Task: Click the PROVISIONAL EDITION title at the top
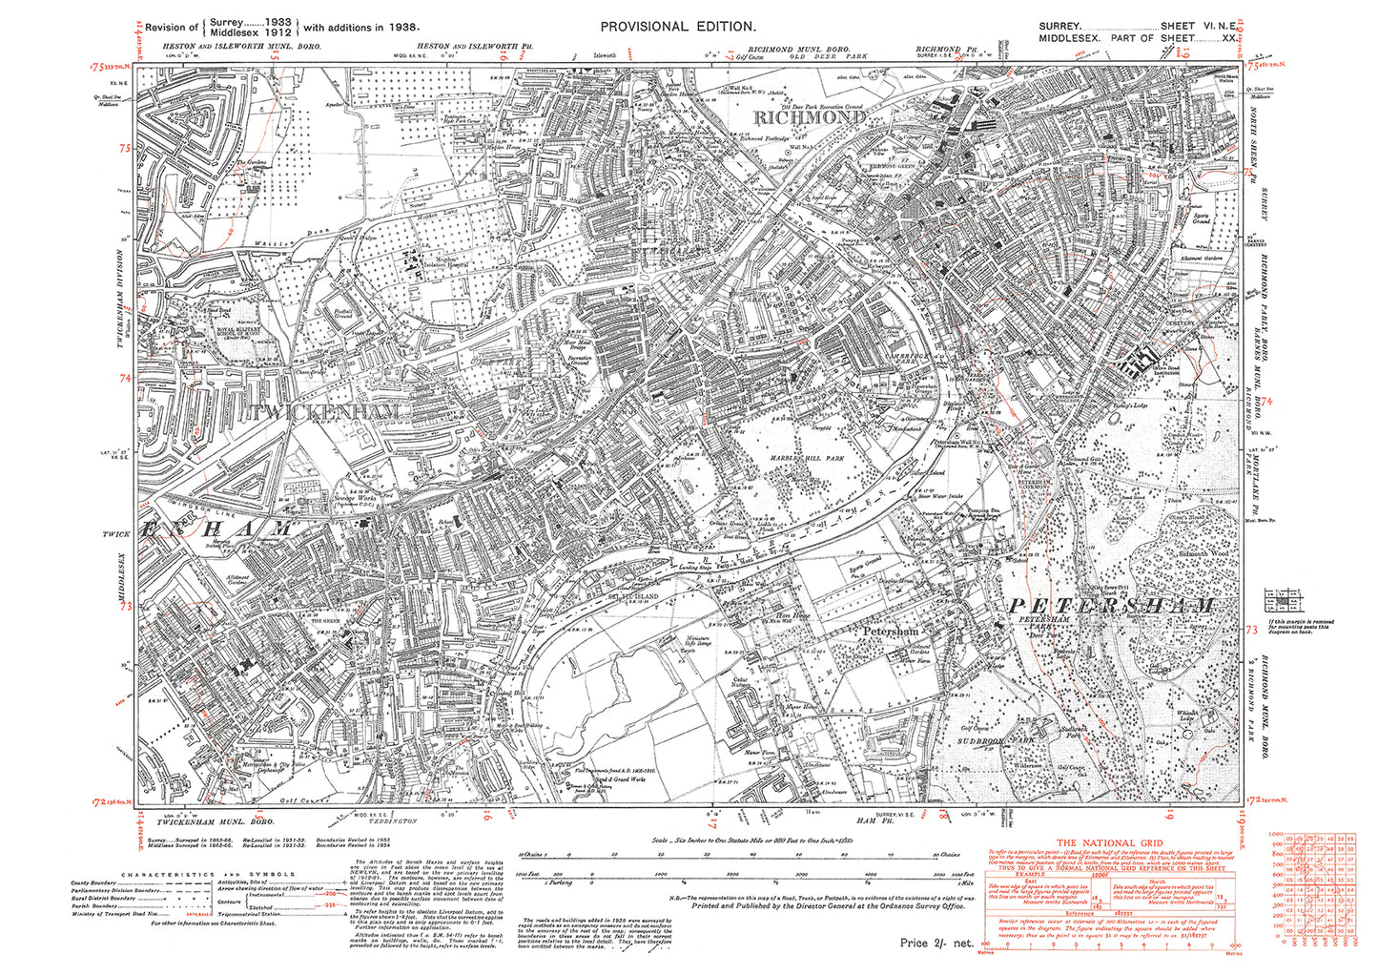(678, 28)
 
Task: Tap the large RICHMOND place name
(810, 117)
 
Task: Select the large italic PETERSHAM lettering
(1111, 606)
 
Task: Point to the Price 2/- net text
(936, 943)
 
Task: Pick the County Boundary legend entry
(94, 883)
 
